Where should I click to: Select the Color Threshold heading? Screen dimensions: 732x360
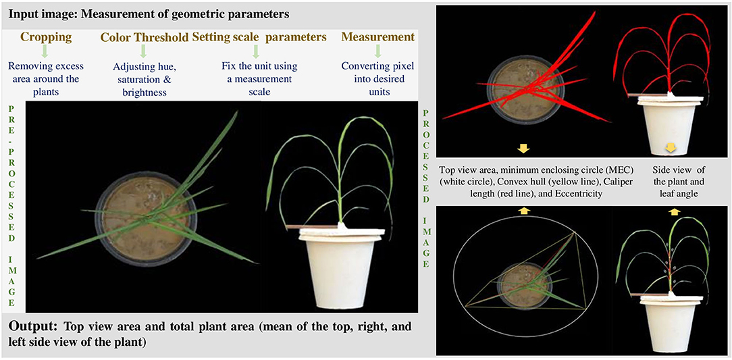(x=145, y=38)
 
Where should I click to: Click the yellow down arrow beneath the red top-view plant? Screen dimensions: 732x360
(x=523, y=149)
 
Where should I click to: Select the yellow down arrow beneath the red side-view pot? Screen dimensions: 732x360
(x=671, y=149)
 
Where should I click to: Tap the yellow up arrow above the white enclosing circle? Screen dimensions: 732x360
(x=523, y=211)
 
